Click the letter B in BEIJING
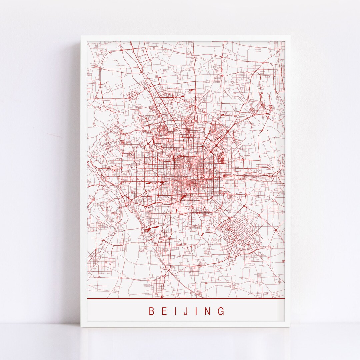point(151,311)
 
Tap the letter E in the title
point(164,311)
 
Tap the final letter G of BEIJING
point(221,311)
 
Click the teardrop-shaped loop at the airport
point(271,107)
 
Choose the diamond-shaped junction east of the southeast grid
point(276,230)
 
